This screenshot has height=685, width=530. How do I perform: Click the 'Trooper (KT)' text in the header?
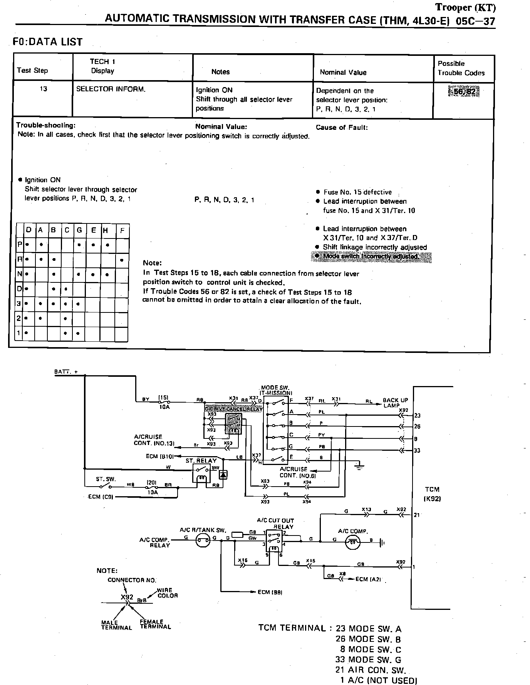coord(465,7)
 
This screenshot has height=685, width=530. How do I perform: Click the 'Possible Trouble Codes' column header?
coord(461,68)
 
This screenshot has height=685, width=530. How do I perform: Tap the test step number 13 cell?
coord(43,89)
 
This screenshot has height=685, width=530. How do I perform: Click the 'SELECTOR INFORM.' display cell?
coord(111,89)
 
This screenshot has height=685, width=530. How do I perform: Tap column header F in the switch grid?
coord(122,231)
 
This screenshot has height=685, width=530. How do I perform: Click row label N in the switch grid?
coord(19,274)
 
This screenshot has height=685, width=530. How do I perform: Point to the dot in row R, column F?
coord(122,260)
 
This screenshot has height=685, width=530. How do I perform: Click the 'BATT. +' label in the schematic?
coord(65,372)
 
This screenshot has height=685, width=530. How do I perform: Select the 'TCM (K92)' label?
coord(432,494)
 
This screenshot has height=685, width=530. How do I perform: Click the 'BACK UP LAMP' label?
coord(395,403)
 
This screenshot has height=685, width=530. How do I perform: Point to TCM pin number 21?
coord(417,515)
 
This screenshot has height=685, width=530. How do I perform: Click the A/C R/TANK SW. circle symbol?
coord(203,541)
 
